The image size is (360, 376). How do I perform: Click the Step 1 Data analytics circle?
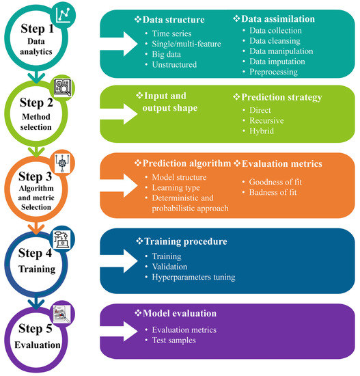[36, 38]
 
